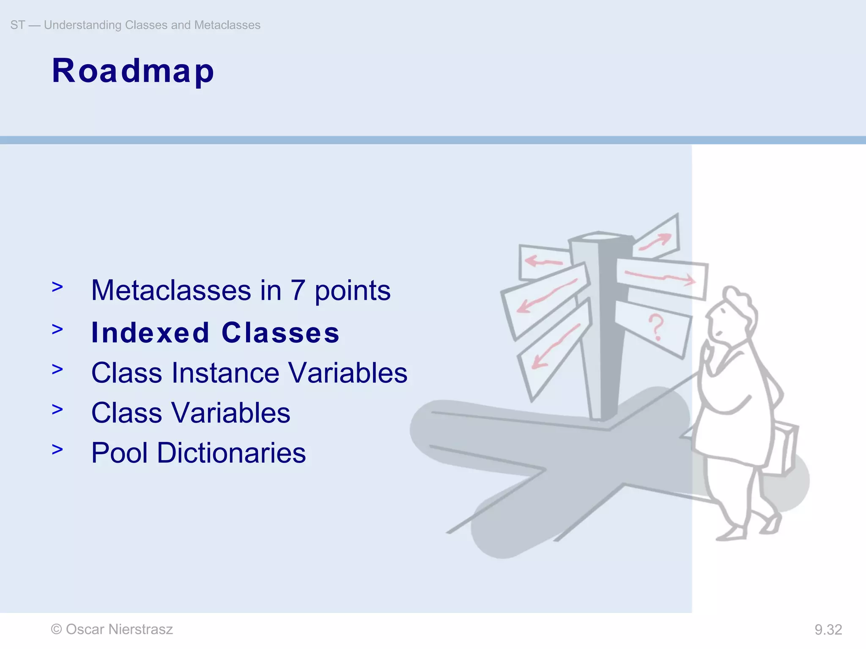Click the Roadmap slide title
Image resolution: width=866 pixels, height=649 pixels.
pyautogui.click(x=133, y=71)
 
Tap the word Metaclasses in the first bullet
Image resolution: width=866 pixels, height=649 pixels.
pyautogui.click(x=171, y=291)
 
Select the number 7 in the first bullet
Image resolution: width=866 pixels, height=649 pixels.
pyautogui.click(x=298, y=291)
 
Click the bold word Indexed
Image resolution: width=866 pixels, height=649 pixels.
pyautogui.click(x=151, y=333)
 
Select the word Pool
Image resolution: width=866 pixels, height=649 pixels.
pyautogui.click(x=120, y=453)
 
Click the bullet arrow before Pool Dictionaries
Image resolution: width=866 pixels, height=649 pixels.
pyautogui.click(x=57, y=450)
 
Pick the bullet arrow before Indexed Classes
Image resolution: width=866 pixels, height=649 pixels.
pyautogui.click(x=57, y=329)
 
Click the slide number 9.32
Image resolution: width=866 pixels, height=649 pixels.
pyautogui.click(x=828, y=630)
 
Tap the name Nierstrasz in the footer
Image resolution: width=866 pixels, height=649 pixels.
pyautogui.click(x=140, y=630)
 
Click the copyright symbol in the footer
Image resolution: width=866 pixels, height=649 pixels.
pyautogui.click(x=56, y=630)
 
